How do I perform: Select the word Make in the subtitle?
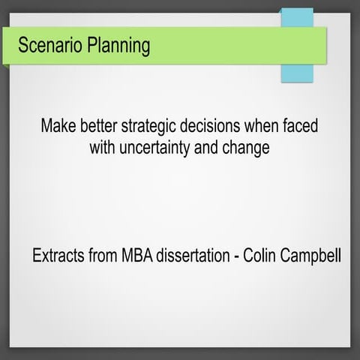(58, 125)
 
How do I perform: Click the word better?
(102, 125)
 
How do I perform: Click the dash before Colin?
(239, 256)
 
